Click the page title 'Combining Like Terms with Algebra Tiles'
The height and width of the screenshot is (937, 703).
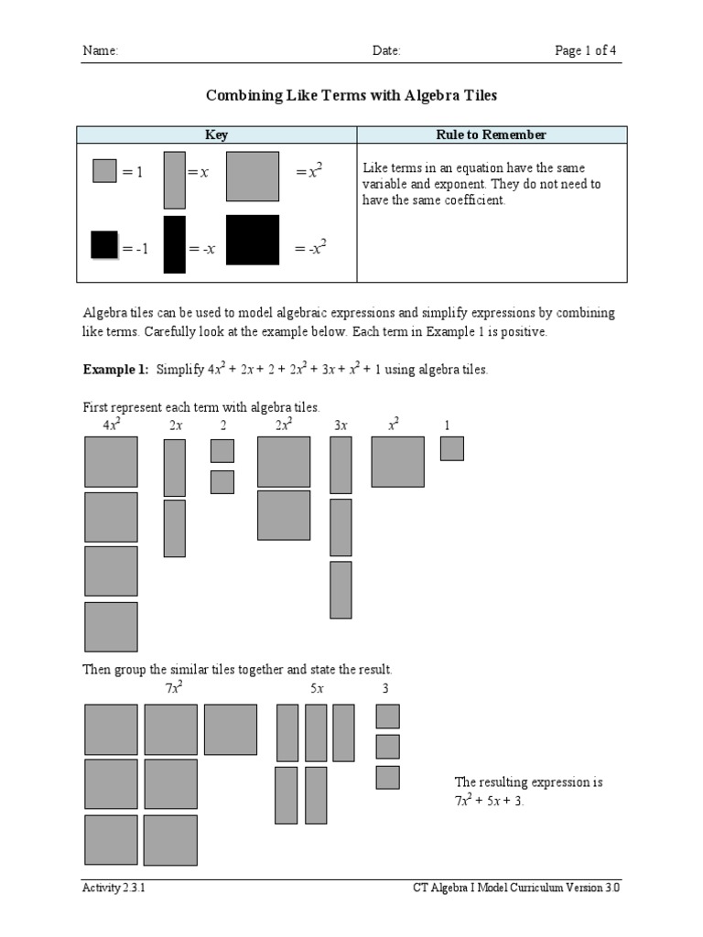[351, 95]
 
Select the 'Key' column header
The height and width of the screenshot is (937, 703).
[216, 135]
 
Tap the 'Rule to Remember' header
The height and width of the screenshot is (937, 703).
[492, 135]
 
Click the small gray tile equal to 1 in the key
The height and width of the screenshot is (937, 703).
[104, 171]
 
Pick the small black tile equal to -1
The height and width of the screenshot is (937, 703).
[104, 245]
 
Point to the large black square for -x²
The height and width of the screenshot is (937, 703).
[253, 240]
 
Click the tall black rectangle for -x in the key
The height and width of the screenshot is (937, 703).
[174, 244]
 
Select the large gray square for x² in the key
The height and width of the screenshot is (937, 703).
[253, 176]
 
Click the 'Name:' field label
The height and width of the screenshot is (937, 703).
[101, 51]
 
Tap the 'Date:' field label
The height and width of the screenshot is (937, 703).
[386, 51]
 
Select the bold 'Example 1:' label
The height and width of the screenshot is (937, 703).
[115, 370]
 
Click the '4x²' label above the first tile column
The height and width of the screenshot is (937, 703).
[112, 425]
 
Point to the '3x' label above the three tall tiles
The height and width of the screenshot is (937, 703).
[341, 425]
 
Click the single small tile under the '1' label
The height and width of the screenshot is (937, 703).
[451, 448]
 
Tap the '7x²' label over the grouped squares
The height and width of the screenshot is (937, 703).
[174, 688]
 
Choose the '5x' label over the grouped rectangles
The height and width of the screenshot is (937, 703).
[317, 688]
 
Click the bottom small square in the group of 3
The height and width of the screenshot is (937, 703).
[387, 778]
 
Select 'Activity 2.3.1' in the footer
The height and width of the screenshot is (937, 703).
[114, 889]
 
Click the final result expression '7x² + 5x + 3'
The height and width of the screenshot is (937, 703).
[489, 801]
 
